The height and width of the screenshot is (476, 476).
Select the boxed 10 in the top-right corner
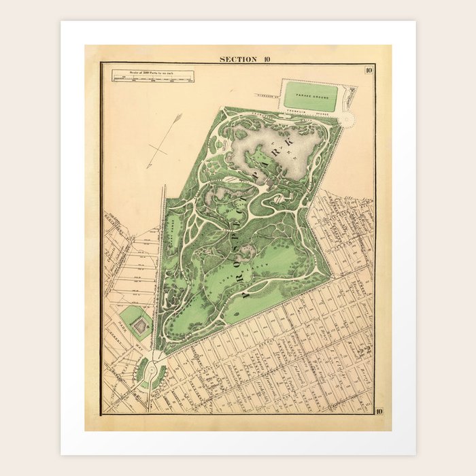tap(368, 69)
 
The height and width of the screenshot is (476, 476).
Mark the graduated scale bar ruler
tap(154, 79)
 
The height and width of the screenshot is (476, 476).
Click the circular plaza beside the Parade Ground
tap(347, 119)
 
